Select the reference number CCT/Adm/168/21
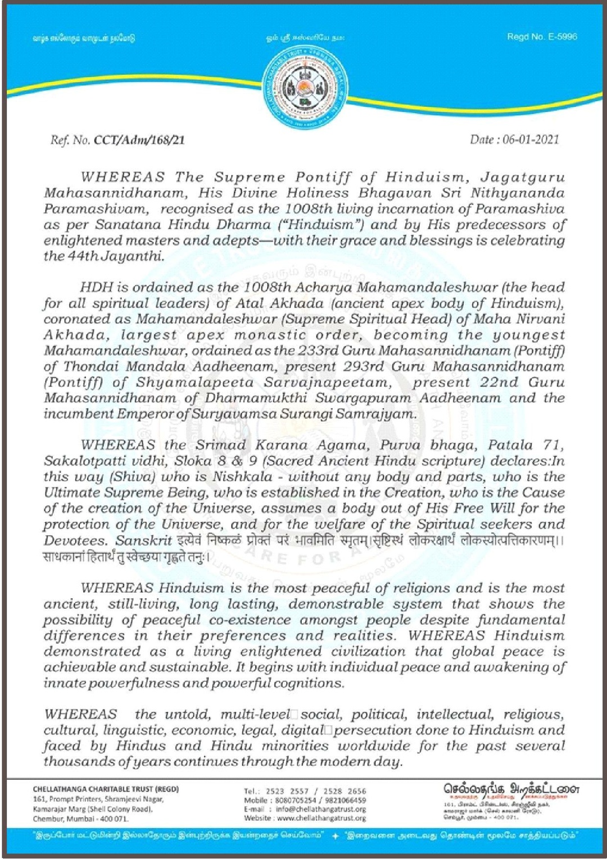click(139, 140)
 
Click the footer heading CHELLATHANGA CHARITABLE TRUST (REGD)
click(106, 789)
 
